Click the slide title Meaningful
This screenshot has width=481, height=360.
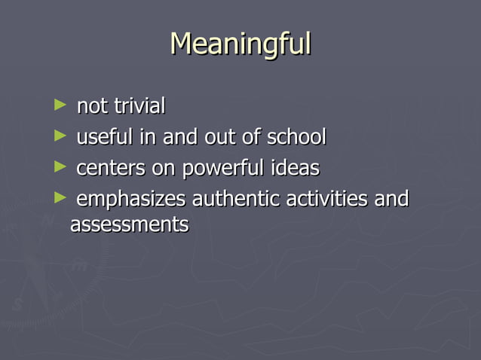pos(240,44)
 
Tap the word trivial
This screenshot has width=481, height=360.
pos(139,107)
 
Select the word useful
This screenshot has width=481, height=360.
pos(103,138)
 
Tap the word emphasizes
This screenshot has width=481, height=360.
pos(131,200)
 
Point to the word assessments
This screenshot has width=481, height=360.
pos(129,224)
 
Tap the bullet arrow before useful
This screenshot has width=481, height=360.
pos(60,136)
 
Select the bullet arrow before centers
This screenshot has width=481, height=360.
pos(60,166)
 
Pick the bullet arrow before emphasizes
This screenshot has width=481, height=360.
pos(60,198)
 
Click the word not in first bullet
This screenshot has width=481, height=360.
pos(92,107)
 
